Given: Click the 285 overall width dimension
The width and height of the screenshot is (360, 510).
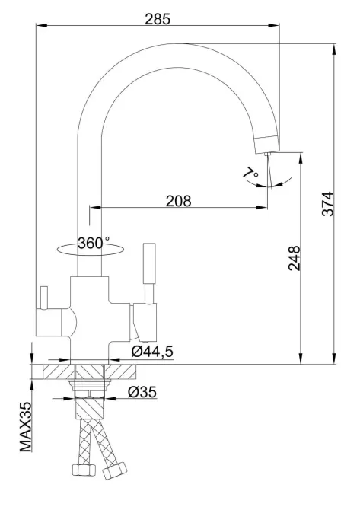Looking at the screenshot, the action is click(x=158, y=19).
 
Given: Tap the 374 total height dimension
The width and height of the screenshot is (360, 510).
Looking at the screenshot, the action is click(x=327, y=204).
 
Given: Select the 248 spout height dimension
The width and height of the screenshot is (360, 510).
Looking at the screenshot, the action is click(x=295, y=258).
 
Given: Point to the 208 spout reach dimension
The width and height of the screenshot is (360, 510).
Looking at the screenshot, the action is click(x=179, y=201).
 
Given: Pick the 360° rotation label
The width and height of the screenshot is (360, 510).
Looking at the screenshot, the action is click(x=94, y=242).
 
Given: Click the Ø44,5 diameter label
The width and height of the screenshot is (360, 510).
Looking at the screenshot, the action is click(x=152, y=351).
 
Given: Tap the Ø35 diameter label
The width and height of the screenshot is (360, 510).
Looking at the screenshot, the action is click(x=142, y=391).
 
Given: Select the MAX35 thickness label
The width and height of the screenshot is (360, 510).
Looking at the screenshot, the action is click(x=26, y=427).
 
